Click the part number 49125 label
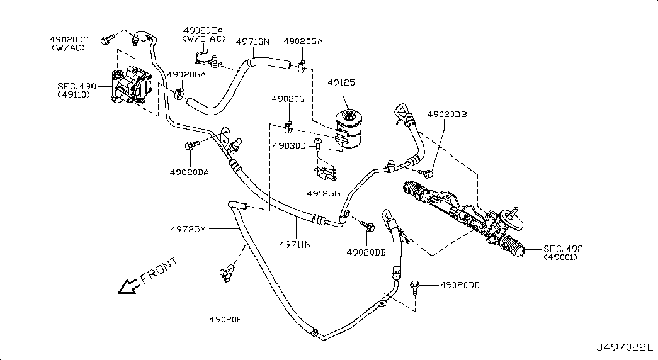pyautogui.click(x=341, y=82)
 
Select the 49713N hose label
pyautogui.click(x=252, y=42)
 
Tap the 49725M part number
pyautogui.click(x=188, y=228)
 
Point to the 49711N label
pyautogui.click(x=295, y=244)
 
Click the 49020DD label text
pyautogui.click(x=460, y=285)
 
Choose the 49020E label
pyautogui.click(x=226, y=319)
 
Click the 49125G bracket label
pyautogui.click(x=323, y=193)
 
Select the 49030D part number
pyautogui.click(x=289, y=145)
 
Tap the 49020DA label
pyautogui.click(x=190, y=172)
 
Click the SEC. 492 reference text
pyautogui.click(x=563, y=249)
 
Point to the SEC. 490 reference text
pyautogui.click(x=77, y=86)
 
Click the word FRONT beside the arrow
pyautogui.click(x=159, y=271)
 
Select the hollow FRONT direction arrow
pyautogui.click(x=128, y=286)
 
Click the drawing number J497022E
pyautogui.click(x=625, y=347)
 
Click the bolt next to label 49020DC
pyautogui.click(x=107, y=40)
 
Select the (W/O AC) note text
pyautogui.click(x=203, y=38)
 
